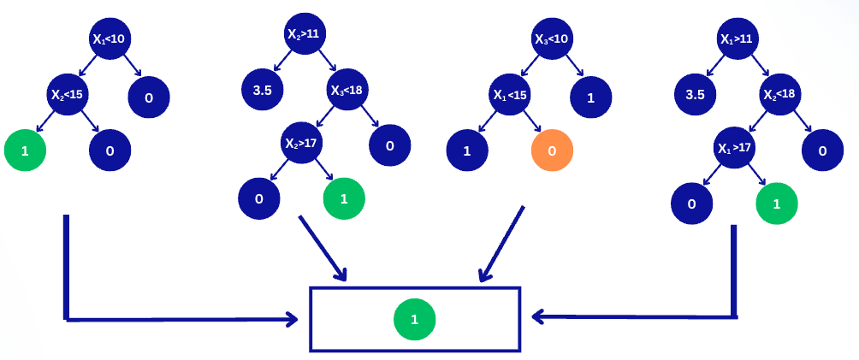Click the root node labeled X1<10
[111, 38]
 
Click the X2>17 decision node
[303, 144]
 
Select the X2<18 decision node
[779, 94]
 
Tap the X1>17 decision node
[735, 147]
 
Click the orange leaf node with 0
[552, 150]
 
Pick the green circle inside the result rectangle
[415, 320]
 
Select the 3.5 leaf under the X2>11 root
[262, 90]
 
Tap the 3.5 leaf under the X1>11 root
[695, 94]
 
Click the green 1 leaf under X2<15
[25, 150]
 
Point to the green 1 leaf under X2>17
[344, 198]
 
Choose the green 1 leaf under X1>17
[777, 204]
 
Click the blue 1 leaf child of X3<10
[591, 97]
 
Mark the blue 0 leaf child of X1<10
[149, 97]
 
